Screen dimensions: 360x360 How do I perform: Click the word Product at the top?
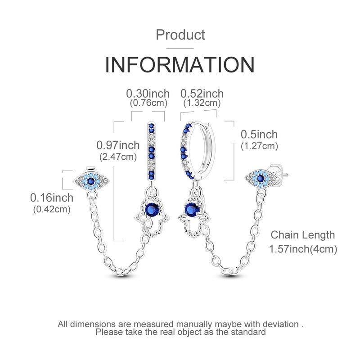click(180, 35)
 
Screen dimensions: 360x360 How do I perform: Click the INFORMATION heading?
click(180, 64)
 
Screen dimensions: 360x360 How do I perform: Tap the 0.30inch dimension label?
click(148, 94)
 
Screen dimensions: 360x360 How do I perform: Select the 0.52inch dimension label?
click(202, 94)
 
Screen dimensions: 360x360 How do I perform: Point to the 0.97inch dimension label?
click(118, 145)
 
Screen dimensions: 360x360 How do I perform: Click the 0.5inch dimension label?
click(259, 134)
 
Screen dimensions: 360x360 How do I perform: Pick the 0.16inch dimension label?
click(52, 198)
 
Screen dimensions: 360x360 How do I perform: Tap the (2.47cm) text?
click(118, 157)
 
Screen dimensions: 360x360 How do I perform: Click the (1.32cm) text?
click(202, 103)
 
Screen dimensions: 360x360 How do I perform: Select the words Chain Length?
click(302, 235)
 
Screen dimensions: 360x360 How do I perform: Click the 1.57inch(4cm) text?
click(303, 249)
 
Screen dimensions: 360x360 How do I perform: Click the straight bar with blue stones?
click(151, 152)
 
